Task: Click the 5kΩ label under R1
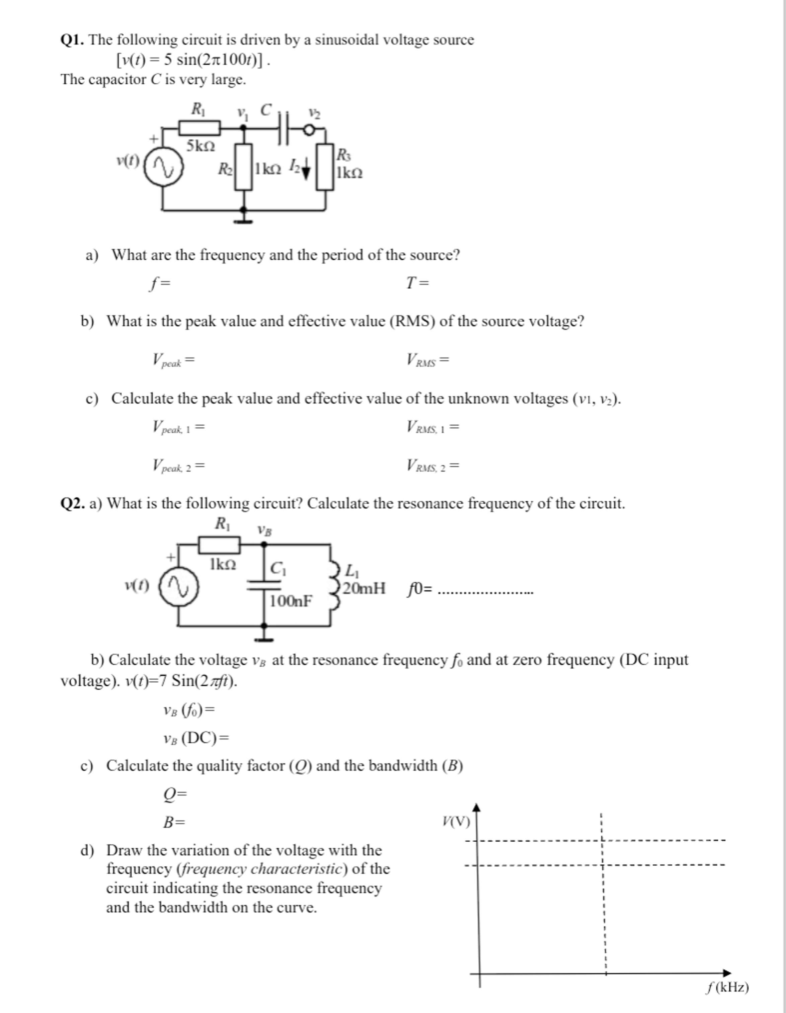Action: (x=201, y=146)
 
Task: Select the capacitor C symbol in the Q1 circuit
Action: (x=284, y=130)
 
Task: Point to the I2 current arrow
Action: (x=305, y=171)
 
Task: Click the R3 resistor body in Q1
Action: (x=325, y=167)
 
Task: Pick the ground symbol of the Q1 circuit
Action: (x=243, y=220)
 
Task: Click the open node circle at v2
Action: (x=309, y=130)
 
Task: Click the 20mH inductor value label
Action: (x=364, y=588)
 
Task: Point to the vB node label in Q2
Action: (x=264, y=530)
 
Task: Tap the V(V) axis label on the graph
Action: (x=456, y=822)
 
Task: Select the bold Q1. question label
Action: (x=73, y=40)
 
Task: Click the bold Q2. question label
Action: (x=73, y=503)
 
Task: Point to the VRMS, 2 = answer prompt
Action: (x=433, y=465)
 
